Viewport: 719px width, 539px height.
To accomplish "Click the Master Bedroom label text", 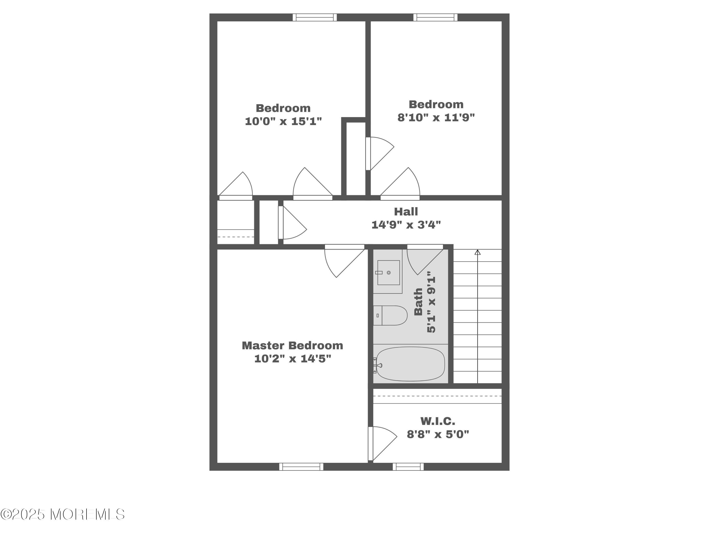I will coord(292,345).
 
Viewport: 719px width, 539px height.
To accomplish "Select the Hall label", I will coord(406,212).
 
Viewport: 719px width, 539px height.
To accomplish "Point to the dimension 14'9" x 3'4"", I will coord(406,224).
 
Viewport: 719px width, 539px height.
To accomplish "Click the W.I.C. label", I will coord(437,421).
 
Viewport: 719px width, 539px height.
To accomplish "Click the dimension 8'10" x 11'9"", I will coord(436,117).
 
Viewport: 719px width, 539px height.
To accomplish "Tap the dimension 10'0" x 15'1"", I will coord(283,121).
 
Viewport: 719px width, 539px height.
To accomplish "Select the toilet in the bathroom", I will coord(390,315).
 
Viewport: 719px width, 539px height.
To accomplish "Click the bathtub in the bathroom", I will coord(410,364).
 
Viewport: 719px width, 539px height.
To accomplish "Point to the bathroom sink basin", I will coord(388,273).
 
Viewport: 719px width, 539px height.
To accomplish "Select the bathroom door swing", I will coord(423,260).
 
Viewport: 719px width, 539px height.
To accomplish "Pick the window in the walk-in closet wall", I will coord(408,467).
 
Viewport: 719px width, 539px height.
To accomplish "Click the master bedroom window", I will coord(301,467).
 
